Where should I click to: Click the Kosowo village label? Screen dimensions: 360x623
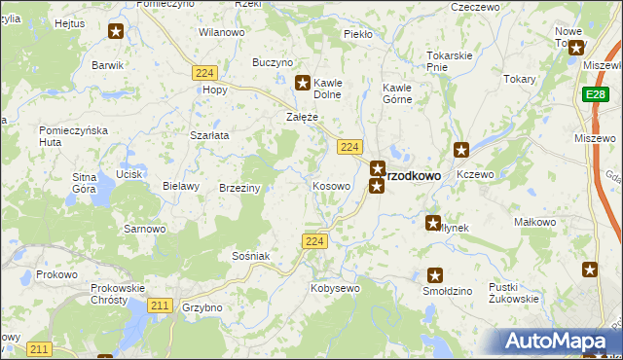coord(331,185)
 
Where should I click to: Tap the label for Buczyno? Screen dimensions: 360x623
coord(273,62)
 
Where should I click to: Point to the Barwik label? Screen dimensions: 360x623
coord(107,65)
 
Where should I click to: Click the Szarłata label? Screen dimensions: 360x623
coord(209,135)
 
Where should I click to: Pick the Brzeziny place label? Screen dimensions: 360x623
coord(239,188)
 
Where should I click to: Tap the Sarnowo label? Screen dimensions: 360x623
coord(143,230)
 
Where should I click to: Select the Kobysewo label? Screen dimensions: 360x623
coord(335,288)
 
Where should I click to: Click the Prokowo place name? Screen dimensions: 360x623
coord(56,274)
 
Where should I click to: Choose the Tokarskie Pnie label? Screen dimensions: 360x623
coord(450,61)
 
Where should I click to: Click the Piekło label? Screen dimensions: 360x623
coord(358,34)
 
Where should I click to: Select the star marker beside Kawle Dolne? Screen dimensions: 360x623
coord(303,84)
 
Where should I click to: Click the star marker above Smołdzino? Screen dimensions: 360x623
coord(435,275)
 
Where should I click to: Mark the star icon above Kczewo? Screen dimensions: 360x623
coord(461,150)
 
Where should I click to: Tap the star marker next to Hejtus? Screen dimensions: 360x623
coord(116,31)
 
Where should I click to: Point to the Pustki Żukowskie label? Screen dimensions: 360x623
coord(515,293)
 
